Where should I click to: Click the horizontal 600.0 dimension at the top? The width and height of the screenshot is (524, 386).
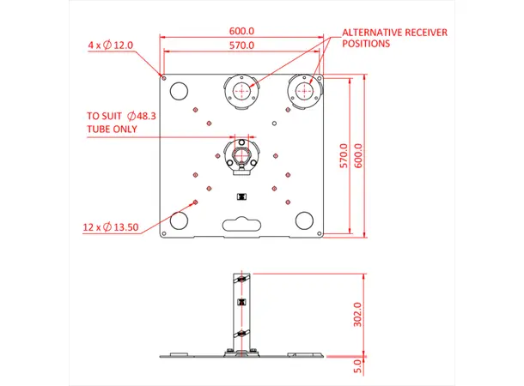pyautogui.click(x=242, y=31)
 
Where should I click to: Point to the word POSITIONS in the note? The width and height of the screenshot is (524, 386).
pyautogui.click(x=366, y=43)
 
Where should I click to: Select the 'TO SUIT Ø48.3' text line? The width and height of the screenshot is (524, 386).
pyautogui.click(x=123, y=115)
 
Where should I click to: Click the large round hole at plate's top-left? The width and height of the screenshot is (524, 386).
pyautogui.click(x=179, y=91)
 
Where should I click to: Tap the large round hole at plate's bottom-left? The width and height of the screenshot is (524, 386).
pyautogui.click(x=179, y=220)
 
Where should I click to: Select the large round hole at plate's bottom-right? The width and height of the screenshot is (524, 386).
pyautogui.click(x=303, y=220)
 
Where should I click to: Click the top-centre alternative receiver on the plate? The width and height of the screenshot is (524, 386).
pyautogui.click(x=241, y=89)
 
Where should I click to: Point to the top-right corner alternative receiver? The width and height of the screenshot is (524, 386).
pyautogui.click(x=304, y=89)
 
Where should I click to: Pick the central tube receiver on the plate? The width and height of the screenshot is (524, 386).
pyautogui.click(x=241, y=154)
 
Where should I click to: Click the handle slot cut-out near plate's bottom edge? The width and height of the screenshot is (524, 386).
pyautogui.click(x=242, y=226)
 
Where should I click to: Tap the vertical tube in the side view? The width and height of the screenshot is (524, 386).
pyautogui.click(x=241, y=309)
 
